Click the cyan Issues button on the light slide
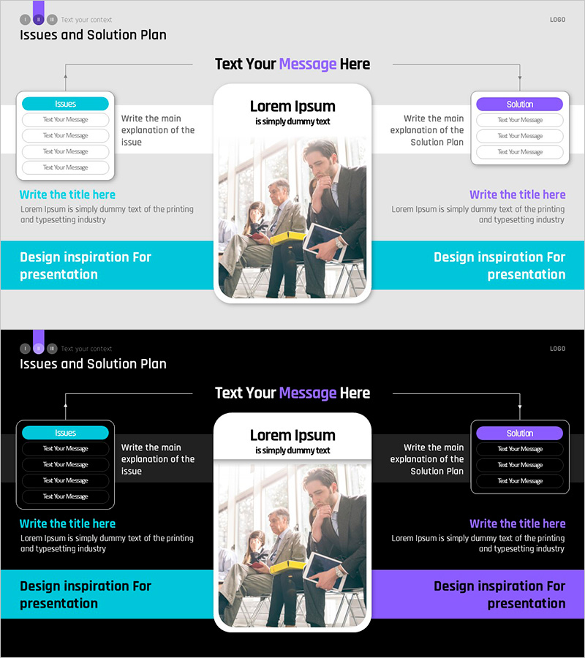click(65, 104)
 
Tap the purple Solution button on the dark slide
click(519, 433)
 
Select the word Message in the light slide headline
click(308, 64)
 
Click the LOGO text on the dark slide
click(557, 349)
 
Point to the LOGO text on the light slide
click(557, 20)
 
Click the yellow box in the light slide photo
click(287, 238)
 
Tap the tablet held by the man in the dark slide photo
click(325, 570)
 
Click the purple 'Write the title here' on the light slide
click(518, 194)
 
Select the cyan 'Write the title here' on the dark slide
click(67, 523)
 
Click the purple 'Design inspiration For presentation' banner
click(478, 594)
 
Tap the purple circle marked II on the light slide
click(39, 19)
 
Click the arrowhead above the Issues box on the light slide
click(66, 76)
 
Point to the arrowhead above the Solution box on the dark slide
click(520, 406)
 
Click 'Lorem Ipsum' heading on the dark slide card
click(292, 436)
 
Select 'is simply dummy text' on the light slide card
click(292, 121)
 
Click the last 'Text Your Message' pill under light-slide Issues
click(66, 167)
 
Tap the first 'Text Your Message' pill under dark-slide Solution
click(520, 449)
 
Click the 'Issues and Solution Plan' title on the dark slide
click(93, 364)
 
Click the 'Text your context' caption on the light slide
click(86, 20)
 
